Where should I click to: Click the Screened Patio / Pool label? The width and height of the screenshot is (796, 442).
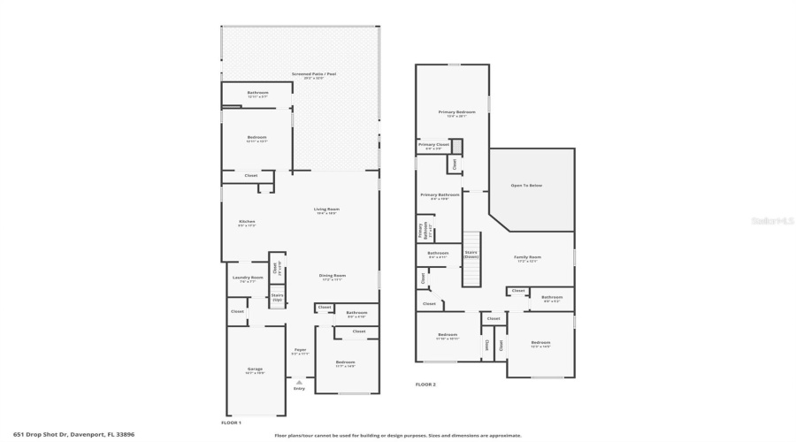coord(307,74)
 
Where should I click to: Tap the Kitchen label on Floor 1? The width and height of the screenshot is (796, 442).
coord(247,223)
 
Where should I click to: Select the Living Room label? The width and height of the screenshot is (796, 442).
coord(326,210)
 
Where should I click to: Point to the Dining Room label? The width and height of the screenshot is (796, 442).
coord(333,277)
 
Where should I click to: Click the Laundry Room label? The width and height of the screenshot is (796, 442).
coord(248,279)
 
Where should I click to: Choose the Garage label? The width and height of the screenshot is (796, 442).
coord(255,370)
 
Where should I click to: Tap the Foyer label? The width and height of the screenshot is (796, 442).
coord(300,351)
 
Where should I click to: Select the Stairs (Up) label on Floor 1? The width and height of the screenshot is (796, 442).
coord(277,297)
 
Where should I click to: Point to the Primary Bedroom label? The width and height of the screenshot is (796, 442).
coord(457,113)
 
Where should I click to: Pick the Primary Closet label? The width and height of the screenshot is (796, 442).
coord(433,146)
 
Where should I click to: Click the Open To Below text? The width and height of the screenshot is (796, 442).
coord(526,186)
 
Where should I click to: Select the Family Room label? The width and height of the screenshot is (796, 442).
coord(527,258)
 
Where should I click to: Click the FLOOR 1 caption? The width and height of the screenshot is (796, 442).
coord(231,423)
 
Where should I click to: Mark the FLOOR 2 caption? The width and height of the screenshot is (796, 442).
coord(425,385)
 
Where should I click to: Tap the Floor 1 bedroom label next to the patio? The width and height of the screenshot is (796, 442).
coord(256,139)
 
